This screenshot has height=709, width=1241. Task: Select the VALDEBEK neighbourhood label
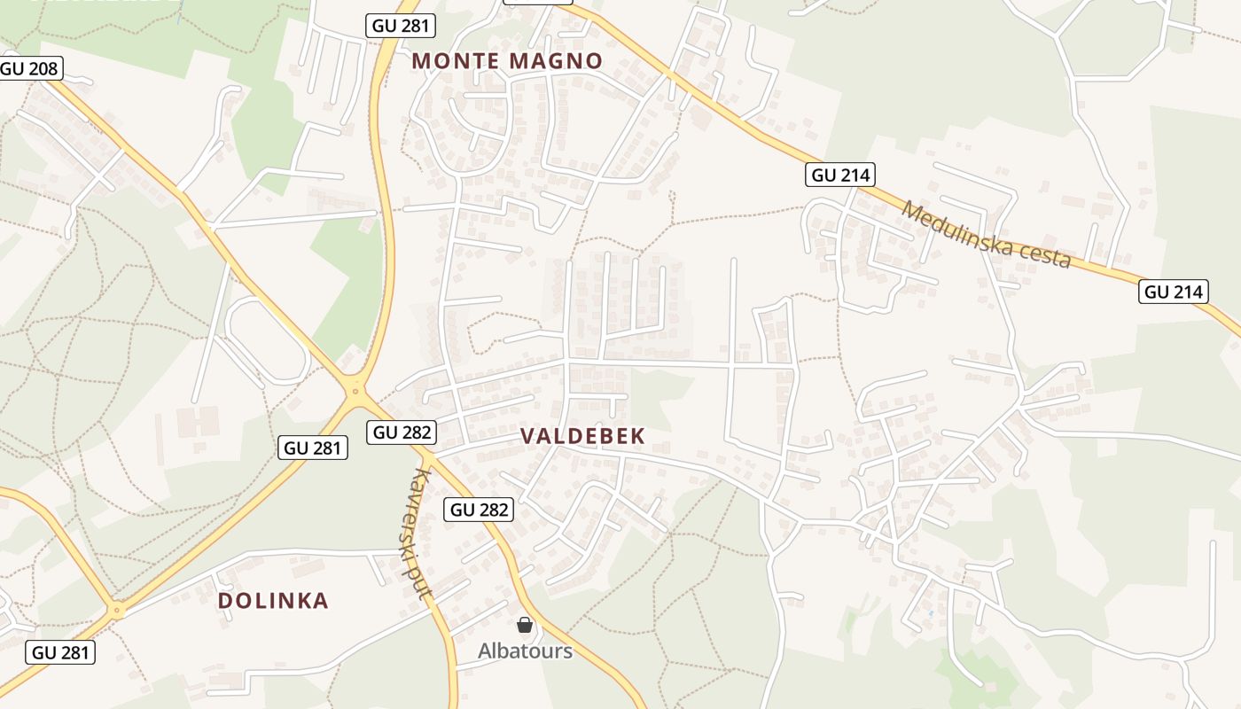582,436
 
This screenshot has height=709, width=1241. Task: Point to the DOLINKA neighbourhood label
273,601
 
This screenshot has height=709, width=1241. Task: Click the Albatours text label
525,651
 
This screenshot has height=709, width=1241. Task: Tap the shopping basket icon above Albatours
525,625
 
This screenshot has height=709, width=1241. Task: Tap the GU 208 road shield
29,68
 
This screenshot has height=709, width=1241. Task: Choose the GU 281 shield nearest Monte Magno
401,26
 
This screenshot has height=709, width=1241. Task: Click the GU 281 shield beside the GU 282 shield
313,448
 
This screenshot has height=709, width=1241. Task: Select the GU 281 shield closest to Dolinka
60,653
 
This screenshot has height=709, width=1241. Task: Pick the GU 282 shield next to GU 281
402,432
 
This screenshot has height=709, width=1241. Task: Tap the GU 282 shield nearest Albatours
479,509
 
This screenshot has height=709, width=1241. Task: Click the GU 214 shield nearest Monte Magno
840,175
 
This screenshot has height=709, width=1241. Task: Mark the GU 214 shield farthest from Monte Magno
1174,292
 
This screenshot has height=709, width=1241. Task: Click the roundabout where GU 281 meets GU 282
355,389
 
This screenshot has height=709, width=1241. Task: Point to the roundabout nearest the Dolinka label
116,610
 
